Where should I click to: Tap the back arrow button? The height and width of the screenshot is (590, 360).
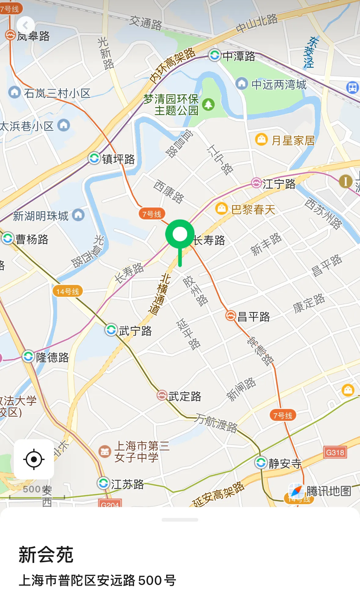click(25, 25)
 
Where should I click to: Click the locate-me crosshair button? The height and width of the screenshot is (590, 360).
click(34, 459)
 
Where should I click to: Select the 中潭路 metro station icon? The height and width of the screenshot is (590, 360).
click(215, 55)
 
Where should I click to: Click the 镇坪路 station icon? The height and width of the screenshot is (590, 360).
click(94, 158)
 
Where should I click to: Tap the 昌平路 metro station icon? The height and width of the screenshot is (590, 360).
click(231, 316)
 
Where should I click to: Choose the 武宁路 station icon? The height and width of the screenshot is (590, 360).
click(111, 330)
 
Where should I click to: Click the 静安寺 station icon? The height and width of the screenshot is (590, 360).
click(261, 462)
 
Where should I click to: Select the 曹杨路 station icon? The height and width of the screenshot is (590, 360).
click(8, 238)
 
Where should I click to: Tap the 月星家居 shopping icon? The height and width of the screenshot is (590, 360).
click(261, 140)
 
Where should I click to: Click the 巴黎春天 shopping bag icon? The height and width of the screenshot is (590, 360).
click(221, 209)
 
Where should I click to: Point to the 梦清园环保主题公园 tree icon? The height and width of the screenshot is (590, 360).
click(209, 104)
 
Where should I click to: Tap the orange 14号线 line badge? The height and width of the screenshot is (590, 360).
click(67, 291)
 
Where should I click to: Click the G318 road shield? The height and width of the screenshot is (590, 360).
click(335, 452)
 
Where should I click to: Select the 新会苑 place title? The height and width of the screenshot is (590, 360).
click(46, 555)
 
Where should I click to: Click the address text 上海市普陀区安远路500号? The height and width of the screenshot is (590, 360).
click(97, 580)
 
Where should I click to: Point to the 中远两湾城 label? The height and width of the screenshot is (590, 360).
click(278, 85)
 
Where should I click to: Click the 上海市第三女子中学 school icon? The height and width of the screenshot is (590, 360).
click(104, 451)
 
